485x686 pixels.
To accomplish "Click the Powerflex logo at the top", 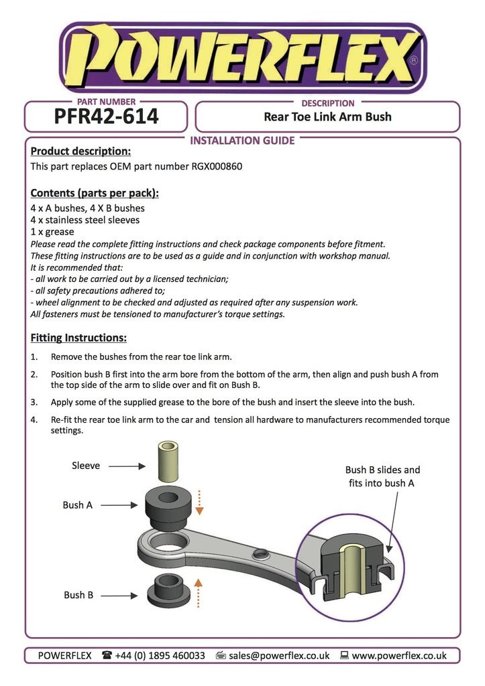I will click(242, 58).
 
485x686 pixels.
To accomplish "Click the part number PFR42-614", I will click(106, 117).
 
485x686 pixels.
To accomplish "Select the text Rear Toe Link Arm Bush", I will click(327, 117).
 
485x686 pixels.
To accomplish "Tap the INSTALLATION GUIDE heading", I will click(242, 141).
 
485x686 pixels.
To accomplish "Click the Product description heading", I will click(80, 151).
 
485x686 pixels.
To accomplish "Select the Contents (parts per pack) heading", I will click(95, 194).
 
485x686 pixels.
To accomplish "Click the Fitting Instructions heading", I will click(78, 338).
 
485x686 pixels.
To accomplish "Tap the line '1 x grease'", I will click(52, 232).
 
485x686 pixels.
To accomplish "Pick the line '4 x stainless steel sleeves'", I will click(85, 220).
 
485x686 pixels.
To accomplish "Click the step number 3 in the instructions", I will click(34, 403).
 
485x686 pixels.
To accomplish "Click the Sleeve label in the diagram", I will click(86, 466).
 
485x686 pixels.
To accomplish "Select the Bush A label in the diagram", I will click(78, 505).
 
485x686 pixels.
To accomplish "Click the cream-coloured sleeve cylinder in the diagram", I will click(170, 463).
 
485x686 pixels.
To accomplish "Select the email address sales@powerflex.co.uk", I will click(279, 656).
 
